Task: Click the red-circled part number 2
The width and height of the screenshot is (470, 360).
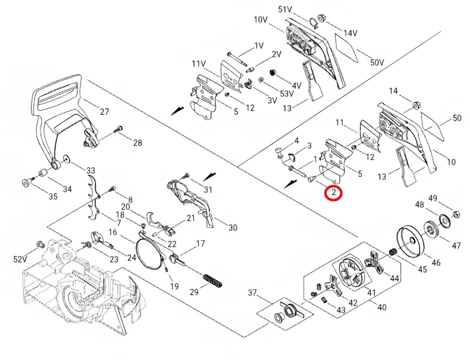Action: [333, 193]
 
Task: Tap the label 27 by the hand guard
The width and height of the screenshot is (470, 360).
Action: [104, 111]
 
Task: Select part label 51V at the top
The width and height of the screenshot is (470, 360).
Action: [285, 9]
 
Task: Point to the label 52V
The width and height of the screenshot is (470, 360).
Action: [20, 259]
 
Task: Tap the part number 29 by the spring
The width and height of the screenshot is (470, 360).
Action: [194, 292]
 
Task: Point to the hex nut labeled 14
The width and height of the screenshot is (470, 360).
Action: [416, 104]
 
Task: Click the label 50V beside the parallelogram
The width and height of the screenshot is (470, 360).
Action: [377, 62]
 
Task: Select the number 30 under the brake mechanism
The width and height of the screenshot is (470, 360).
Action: [232, 227]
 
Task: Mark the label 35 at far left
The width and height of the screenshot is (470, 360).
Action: [53, 196]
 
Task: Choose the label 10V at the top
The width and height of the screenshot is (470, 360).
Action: [261, 20]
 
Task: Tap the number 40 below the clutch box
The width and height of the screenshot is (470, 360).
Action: [382, 307]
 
